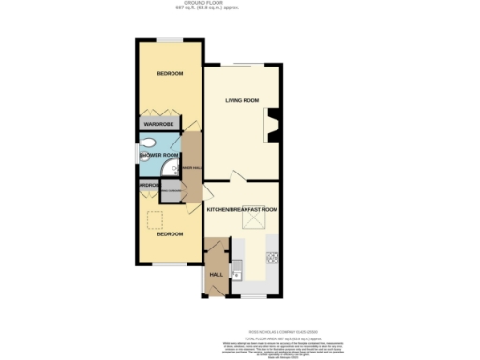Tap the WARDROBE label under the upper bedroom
tap(160, 124)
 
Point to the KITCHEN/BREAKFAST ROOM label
tap(242, 209)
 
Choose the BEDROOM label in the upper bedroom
tap(170, 73)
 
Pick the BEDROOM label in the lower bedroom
tap(170, 234)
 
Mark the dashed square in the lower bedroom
tap(156, 219)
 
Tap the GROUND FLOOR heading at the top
tap(239, 4)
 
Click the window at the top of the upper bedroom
tap(170, 39)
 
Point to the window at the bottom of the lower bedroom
tap(170, 265)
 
